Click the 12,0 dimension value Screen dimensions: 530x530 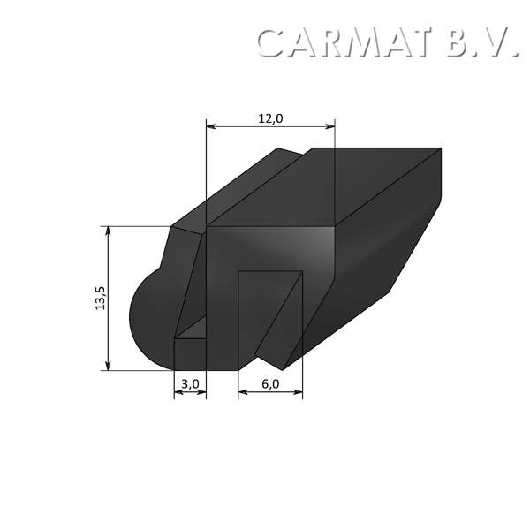coord(270,118)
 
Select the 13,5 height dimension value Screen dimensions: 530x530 coord(100,298)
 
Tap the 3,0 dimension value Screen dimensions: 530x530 coord(190,383)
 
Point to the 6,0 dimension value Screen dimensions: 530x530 coord(270,383)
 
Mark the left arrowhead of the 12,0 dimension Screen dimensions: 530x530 coord(209,127)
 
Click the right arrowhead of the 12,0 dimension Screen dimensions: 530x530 coord(331,127)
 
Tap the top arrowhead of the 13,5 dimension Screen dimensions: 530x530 coord(109,230)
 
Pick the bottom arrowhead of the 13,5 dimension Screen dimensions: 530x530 coord(109,366)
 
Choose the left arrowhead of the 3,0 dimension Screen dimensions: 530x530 coord(178,392)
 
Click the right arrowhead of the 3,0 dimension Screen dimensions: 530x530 coord(202,392)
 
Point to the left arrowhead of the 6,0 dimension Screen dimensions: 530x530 coord(242,392)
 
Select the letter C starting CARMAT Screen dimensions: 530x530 coord(271,42)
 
